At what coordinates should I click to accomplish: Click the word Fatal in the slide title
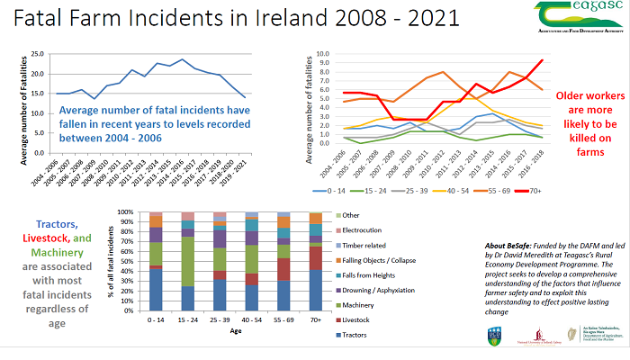pyautogui.click(x=40, y=21)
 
